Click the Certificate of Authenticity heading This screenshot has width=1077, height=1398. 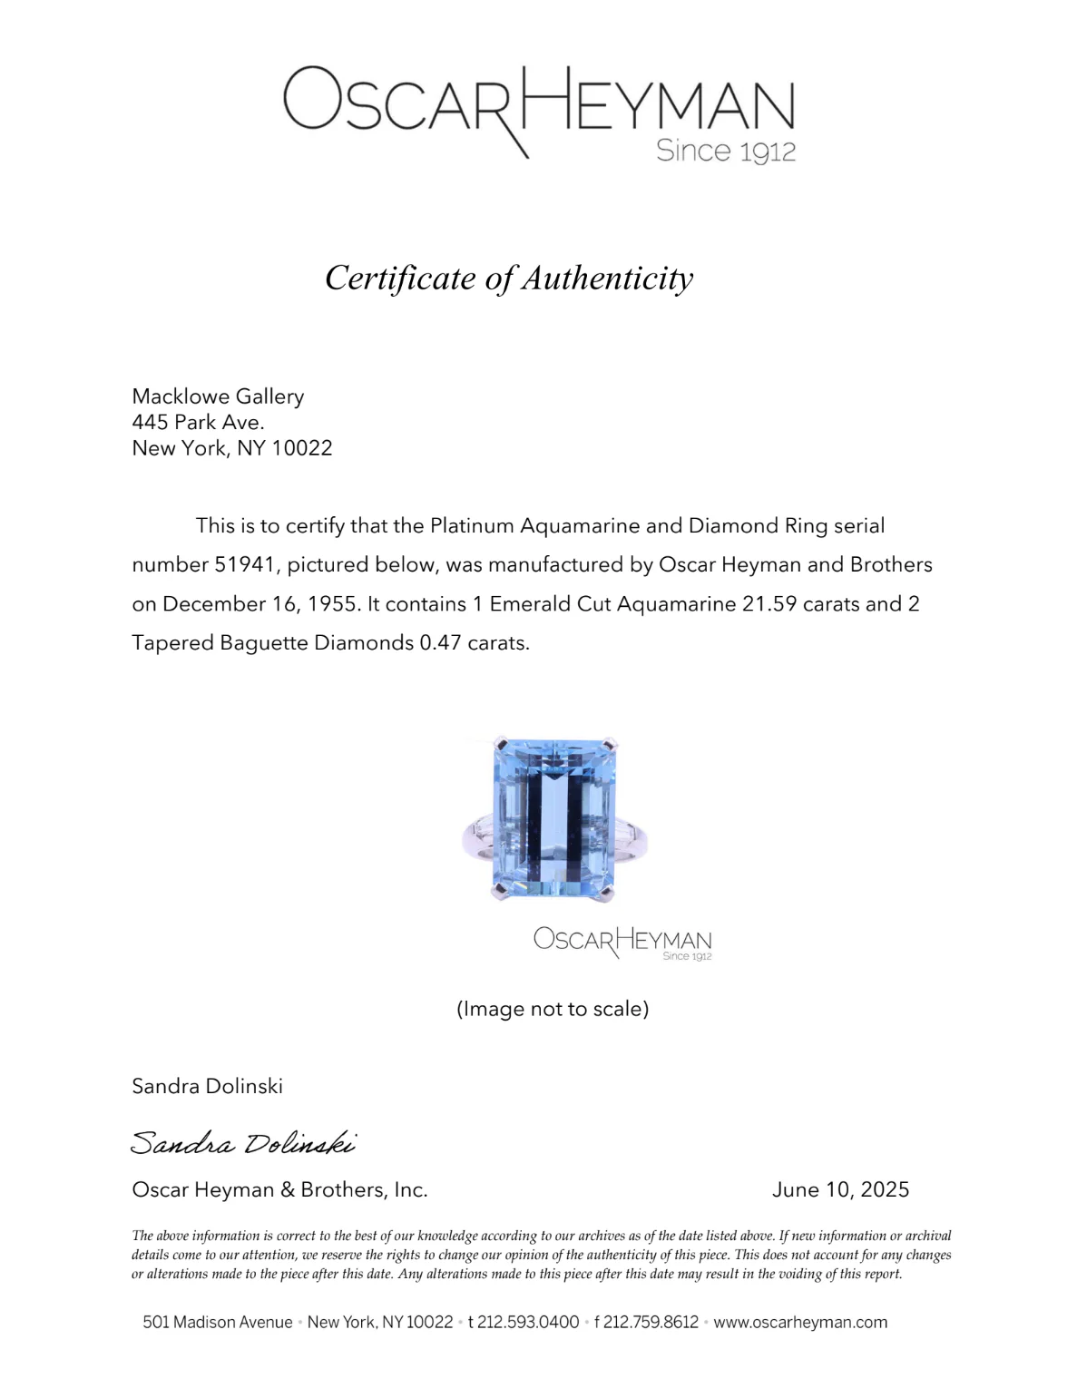[x=509, y=278]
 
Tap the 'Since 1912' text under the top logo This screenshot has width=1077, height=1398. [x=725, y=151]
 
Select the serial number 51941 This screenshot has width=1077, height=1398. [x=244, y=565]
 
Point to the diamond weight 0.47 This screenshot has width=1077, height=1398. [x=440, y=643]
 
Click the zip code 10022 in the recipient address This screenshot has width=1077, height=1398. [x=302, y=448]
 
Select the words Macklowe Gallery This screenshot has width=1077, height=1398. [x=218, y=396]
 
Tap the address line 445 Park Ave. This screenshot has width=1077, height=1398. [x=198, y=422]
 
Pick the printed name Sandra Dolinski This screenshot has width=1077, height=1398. [x=207, y=1086]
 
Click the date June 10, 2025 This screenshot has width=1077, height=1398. [x=840, y=1189]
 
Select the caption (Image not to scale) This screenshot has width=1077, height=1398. [x=553, y=1009]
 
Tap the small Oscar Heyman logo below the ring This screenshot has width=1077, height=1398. [x=622, y=942]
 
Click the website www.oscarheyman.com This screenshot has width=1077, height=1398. [x=800, y=1322]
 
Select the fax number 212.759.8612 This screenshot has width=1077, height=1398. [x=651, y=1322]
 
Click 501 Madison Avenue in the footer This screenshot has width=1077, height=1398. [x=218, y=1322]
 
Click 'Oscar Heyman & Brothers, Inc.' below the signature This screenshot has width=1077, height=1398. [x=279, y=1189]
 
